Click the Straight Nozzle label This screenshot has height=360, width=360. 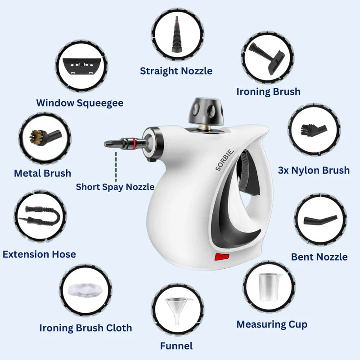(x=176, y=71)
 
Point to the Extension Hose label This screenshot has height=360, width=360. (x=39, y=254)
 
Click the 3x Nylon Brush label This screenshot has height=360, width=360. (x=314, y=170)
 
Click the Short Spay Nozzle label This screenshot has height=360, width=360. (x=115, y=187)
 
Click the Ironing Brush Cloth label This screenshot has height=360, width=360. (x=85, y=328)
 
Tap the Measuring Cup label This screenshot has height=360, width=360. (x=272, y=324)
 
